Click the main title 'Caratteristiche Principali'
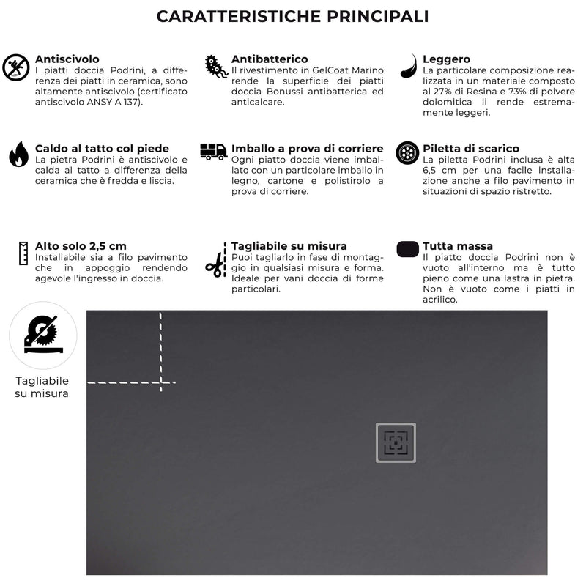coord(293,16)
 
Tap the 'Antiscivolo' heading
coord(67,59)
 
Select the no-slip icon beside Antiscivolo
coord(17,68)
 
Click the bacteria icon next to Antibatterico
coord(215,66)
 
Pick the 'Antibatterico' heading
coord(270,59)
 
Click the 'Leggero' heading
coord(446,59)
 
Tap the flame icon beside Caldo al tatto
coord(18,154)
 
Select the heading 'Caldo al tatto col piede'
coord(102,148)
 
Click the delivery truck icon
coord(213,152)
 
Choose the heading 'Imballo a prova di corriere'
coord(308,148)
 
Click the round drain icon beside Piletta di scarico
coord(407,153)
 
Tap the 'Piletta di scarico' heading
coord(471,148)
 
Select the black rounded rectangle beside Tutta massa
coord(407,249)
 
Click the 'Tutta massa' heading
coord(458,246)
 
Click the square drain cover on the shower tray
coord(396,442)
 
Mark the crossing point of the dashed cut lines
coord(160,382)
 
